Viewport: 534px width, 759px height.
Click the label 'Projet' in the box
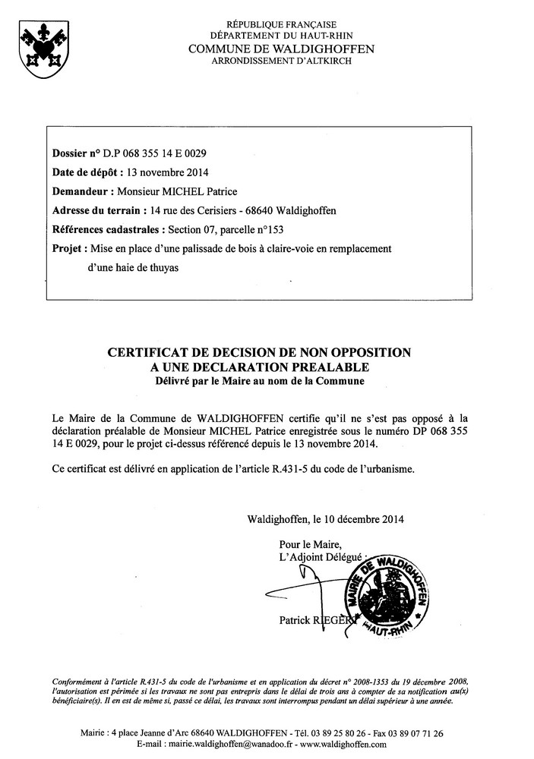tap(67, 248)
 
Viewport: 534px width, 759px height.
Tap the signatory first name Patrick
tap(296, 620)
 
